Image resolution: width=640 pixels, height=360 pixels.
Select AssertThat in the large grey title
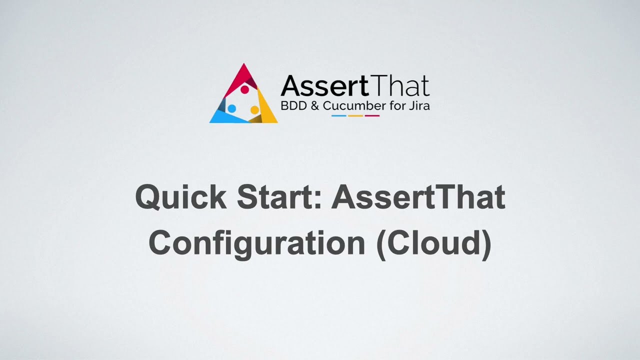click(418, 197)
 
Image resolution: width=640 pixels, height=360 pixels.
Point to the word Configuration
click(256, 243)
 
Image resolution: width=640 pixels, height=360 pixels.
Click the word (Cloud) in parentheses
click(433, 243)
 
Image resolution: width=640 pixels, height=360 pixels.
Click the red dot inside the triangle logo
click(244, 90)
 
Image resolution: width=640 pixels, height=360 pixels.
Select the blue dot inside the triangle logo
click(231, 108)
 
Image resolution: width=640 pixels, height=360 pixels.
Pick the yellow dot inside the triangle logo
click(254, 109)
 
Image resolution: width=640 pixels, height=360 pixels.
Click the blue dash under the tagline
click(339, 116)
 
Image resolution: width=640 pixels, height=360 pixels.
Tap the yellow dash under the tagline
click(355, 116)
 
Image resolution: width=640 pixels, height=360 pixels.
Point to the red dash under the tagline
click(372, 116)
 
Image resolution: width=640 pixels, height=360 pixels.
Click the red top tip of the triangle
click(243, 70)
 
